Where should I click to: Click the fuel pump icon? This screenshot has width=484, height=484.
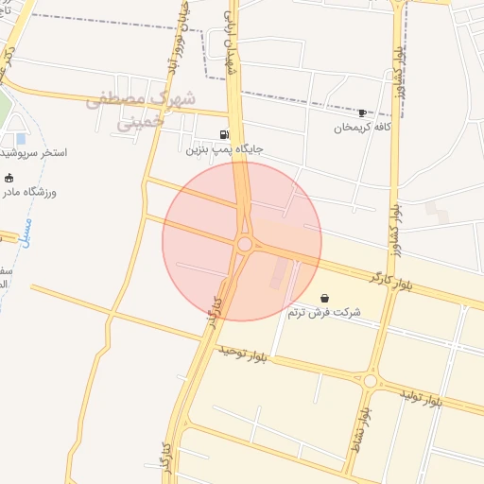[x=223, y=134]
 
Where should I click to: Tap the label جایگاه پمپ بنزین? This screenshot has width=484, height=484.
[x=223, y=149]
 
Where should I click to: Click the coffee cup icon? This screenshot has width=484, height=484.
[x=361, y=112]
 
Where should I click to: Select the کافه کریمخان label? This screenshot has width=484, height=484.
[x=362, y=128]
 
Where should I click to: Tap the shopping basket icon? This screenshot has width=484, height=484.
[x=325, y=298]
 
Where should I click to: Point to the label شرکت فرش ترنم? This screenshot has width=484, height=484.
[x=325, y=312]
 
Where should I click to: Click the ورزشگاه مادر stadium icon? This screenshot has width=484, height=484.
[x=9, y=178]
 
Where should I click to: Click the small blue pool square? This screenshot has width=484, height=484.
[x=21, y=139]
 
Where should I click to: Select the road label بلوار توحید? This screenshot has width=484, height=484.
[x=244, y=354]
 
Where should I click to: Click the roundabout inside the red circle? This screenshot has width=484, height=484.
[x=245, y=245]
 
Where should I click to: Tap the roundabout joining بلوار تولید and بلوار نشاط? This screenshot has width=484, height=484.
[x=371, y=381]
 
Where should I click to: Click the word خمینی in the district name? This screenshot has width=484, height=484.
[x=140, y=122]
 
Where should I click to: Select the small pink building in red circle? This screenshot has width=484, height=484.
[x=277, y=275]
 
